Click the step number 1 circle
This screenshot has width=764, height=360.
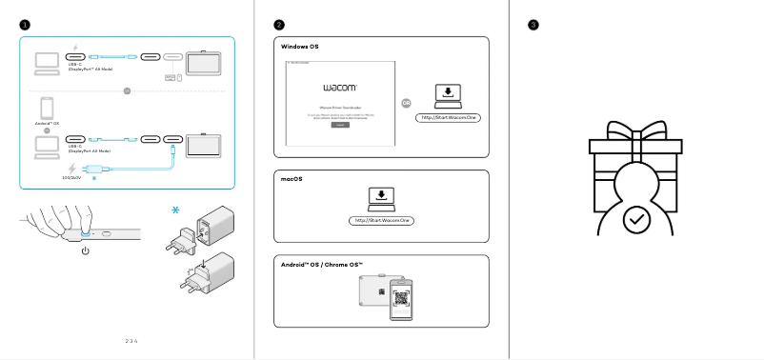tap(25, 24)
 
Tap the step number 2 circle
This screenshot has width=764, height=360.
tap(278, 24)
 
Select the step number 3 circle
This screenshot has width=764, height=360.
tap(533, 24)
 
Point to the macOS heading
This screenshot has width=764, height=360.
tap(292, 179)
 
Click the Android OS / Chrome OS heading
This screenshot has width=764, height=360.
tap(322, 263)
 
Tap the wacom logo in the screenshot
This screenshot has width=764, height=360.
tap(340, 87)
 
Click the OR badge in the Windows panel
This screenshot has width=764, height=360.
tap(407, 103)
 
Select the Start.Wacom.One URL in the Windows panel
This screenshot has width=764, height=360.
tap(446, 117)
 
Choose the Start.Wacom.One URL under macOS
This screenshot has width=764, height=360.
tap(382, 221)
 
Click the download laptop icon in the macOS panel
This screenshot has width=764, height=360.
tap(382, 198)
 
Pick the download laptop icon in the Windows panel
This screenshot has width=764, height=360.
tap(446, 94)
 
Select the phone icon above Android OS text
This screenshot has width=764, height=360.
tap(46, 107)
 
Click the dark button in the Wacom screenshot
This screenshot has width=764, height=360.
tap(340, 125)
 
